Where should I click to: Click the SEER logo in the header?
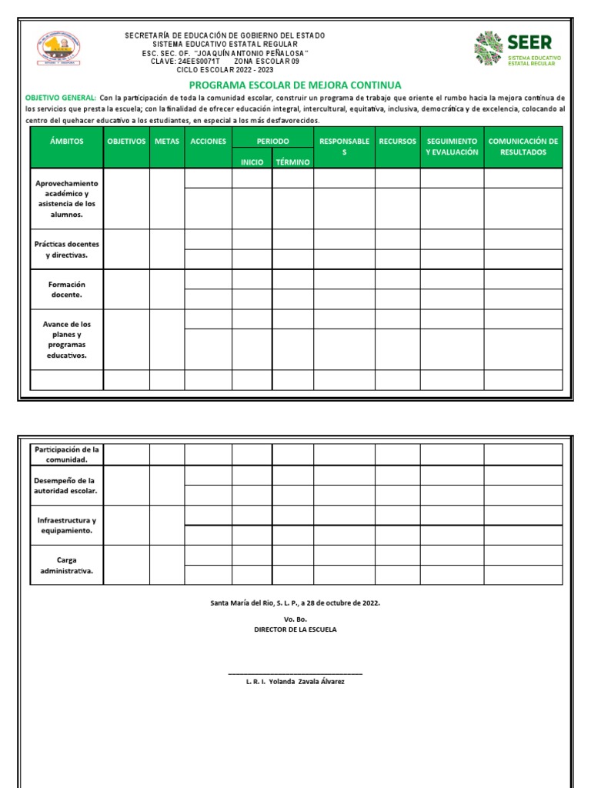(518, 50)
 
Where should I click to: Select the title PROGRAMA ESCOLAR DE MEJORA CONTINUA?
(295, 85)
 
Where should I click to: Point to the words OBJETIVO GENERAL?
(61, 98)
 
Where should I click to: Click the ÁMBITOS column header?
(66, 142)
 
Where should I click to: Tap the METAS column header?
(167, 142)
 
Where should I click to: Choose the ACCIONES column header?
(208, 142)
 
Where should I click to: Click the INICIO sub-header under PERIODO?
(252, 162)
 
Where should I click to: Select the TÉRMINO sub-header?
(292, 162)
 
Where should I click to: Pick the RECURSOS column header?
(397, 142)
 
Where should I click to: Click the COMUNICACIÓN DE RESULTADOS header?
(523, 146)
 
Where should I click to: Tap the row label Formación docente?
(66, 289)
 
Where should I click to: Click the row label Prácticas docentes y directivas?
(66, 249)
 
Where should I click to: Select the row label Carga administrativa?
(66, 566)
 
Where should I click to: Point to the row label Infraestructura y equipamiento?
(66, 526)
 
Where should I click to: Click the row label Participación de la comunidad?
(66, 454)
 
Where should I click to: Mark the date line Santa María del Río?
(295, 603)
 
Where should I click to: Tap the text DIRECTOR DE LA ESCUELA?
(295, 629)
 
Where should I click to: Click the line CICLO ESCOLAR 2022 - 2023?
(225, 69)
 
